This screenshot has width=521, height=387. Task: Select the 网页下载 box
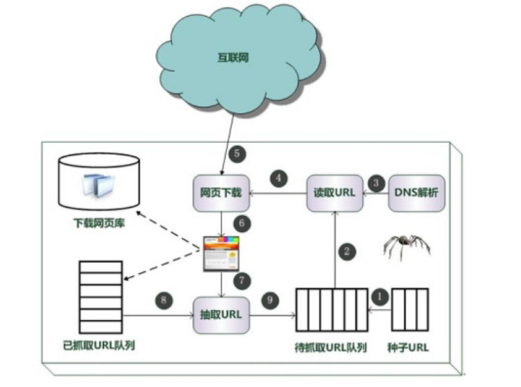(221, 192)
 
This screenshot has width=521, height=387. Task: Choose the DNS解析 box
(416, 192)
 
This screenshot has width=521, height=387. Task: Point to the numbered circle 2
(347, 251)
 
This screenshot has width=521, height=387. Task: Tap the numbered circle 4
(279, 179)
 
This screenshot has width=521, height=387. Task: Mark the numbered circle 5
(235, 153)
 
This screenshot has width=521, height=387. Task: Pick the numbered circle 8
(163, 300)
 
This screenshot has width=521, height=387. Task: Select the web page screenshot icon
(221, 253)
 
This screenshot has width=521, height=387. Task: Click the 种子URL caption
(409, 347)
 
